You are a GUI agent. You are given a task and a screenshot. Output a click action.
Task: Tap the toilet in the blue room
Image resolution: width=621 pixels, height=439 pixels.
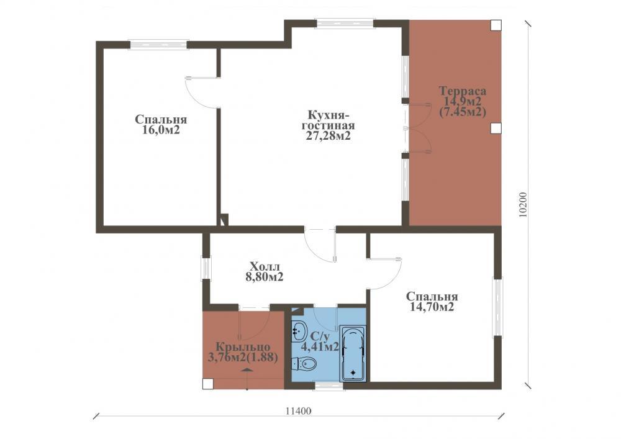[x=304, y=363]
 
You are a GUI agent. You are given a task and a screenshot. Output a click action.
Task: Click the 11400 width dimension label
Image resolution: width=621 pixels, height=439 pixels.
[x=298, y=411]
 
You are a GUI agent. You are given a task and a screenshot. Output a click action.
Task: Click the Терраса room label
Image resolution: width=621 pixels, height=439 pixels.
[x=463, y=91]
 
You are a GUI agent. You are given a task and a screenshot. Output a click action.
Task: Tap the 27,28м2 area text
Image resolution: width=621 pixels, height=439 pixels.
[x=328, y=136]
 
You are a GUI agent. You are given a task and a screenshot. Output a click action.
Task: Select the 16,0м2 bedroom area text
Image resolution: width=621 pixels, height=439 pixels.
[x=161, y=130]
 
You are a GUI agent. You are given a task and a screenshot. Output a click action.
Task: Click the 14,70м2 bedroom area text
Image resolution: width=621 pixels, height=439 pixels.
[x=432, y=307]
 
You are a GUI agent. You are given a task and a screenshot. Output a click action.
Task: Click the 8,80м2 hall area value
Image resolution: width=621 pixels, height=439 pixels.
[x=264, y=277]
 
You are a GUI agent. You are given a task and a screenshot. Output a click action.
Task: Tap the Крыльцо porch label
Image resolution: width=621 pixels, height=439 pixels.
[x=243, y=347]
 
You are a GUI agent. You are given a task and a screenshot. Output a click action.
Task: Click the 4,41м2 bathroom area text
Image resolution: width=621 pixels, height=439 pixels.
[x=320, y=347]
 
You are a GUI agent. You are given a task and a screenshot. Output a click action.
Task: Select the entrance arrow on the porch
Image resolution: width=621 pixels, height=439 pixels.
[x=247, y=370]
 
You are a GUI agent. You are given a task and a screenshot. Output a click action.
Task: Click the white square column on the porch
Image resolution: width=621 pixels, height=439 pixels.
[x=207, y=384]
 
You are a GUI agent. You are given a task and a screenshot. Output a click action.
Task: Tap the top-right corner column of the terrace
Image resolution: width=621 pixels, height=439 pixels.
[x=496, y=25]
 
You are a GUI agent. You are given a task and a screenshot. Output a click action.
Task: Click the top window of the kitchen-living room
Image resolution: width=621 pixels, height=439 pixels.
[x=344, y=24]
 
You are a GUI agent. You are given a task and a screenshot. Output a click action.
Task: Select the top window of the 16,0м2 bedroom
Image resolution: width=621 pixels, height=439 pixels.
[x=158, y=44]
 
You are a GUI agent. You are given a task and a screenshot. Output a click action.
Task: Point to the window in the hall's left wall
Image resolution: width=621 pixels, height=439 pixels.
[x=206, y=268]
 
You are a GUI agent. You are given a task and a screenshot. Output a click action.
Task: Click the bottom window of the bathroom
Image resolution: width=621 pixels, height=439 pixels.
[x=329, y=386]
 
